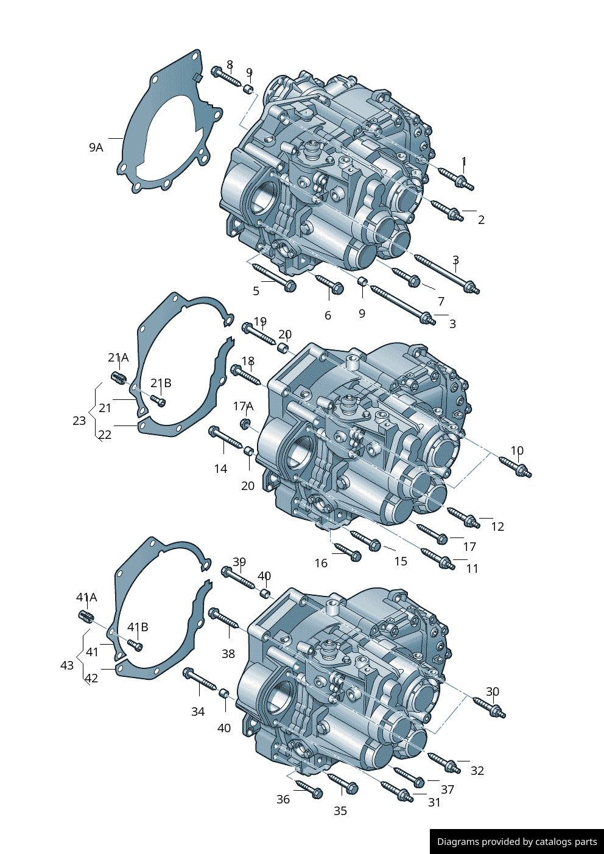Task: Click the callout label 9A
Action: point(96,147)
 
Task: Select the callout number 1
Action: point(464,161)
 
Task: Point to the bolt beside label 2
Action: point(447,210)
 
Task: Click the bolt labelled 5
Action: point(274,277)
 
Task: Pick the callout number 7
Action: point(441,301)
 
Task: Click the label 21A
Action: point(118,357)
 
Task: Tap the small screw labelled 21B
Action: point(158,399)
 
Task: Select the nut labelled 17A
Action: point(245,422)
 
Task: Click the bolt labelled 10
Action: point(515,467)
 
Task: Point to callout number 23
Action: point(79,421)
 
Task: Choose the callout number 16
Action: point(321,563)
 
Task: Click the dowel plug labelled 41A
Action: point(86,617)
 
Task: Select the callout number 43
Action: point(67,665)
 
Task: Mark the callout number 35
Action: point(340,811)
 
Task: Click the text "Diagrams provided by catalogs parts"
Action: point(516,842)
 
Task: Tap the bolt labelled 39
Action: point(237,577)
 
